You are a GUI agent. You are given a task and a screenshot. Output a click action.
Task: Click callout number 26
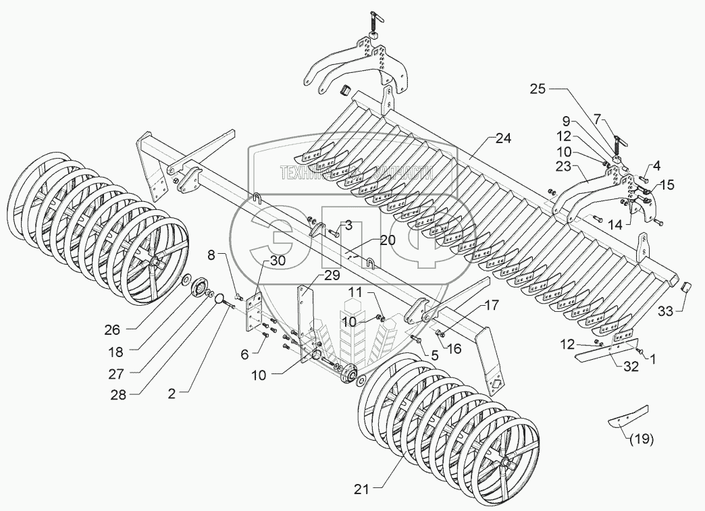coord(112,329)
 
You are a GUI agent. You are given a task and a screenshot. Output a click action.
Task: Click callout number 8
coord(211,255)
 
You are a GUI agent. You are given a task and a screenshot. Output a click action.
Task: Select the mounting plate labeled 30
coord(255,309)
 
